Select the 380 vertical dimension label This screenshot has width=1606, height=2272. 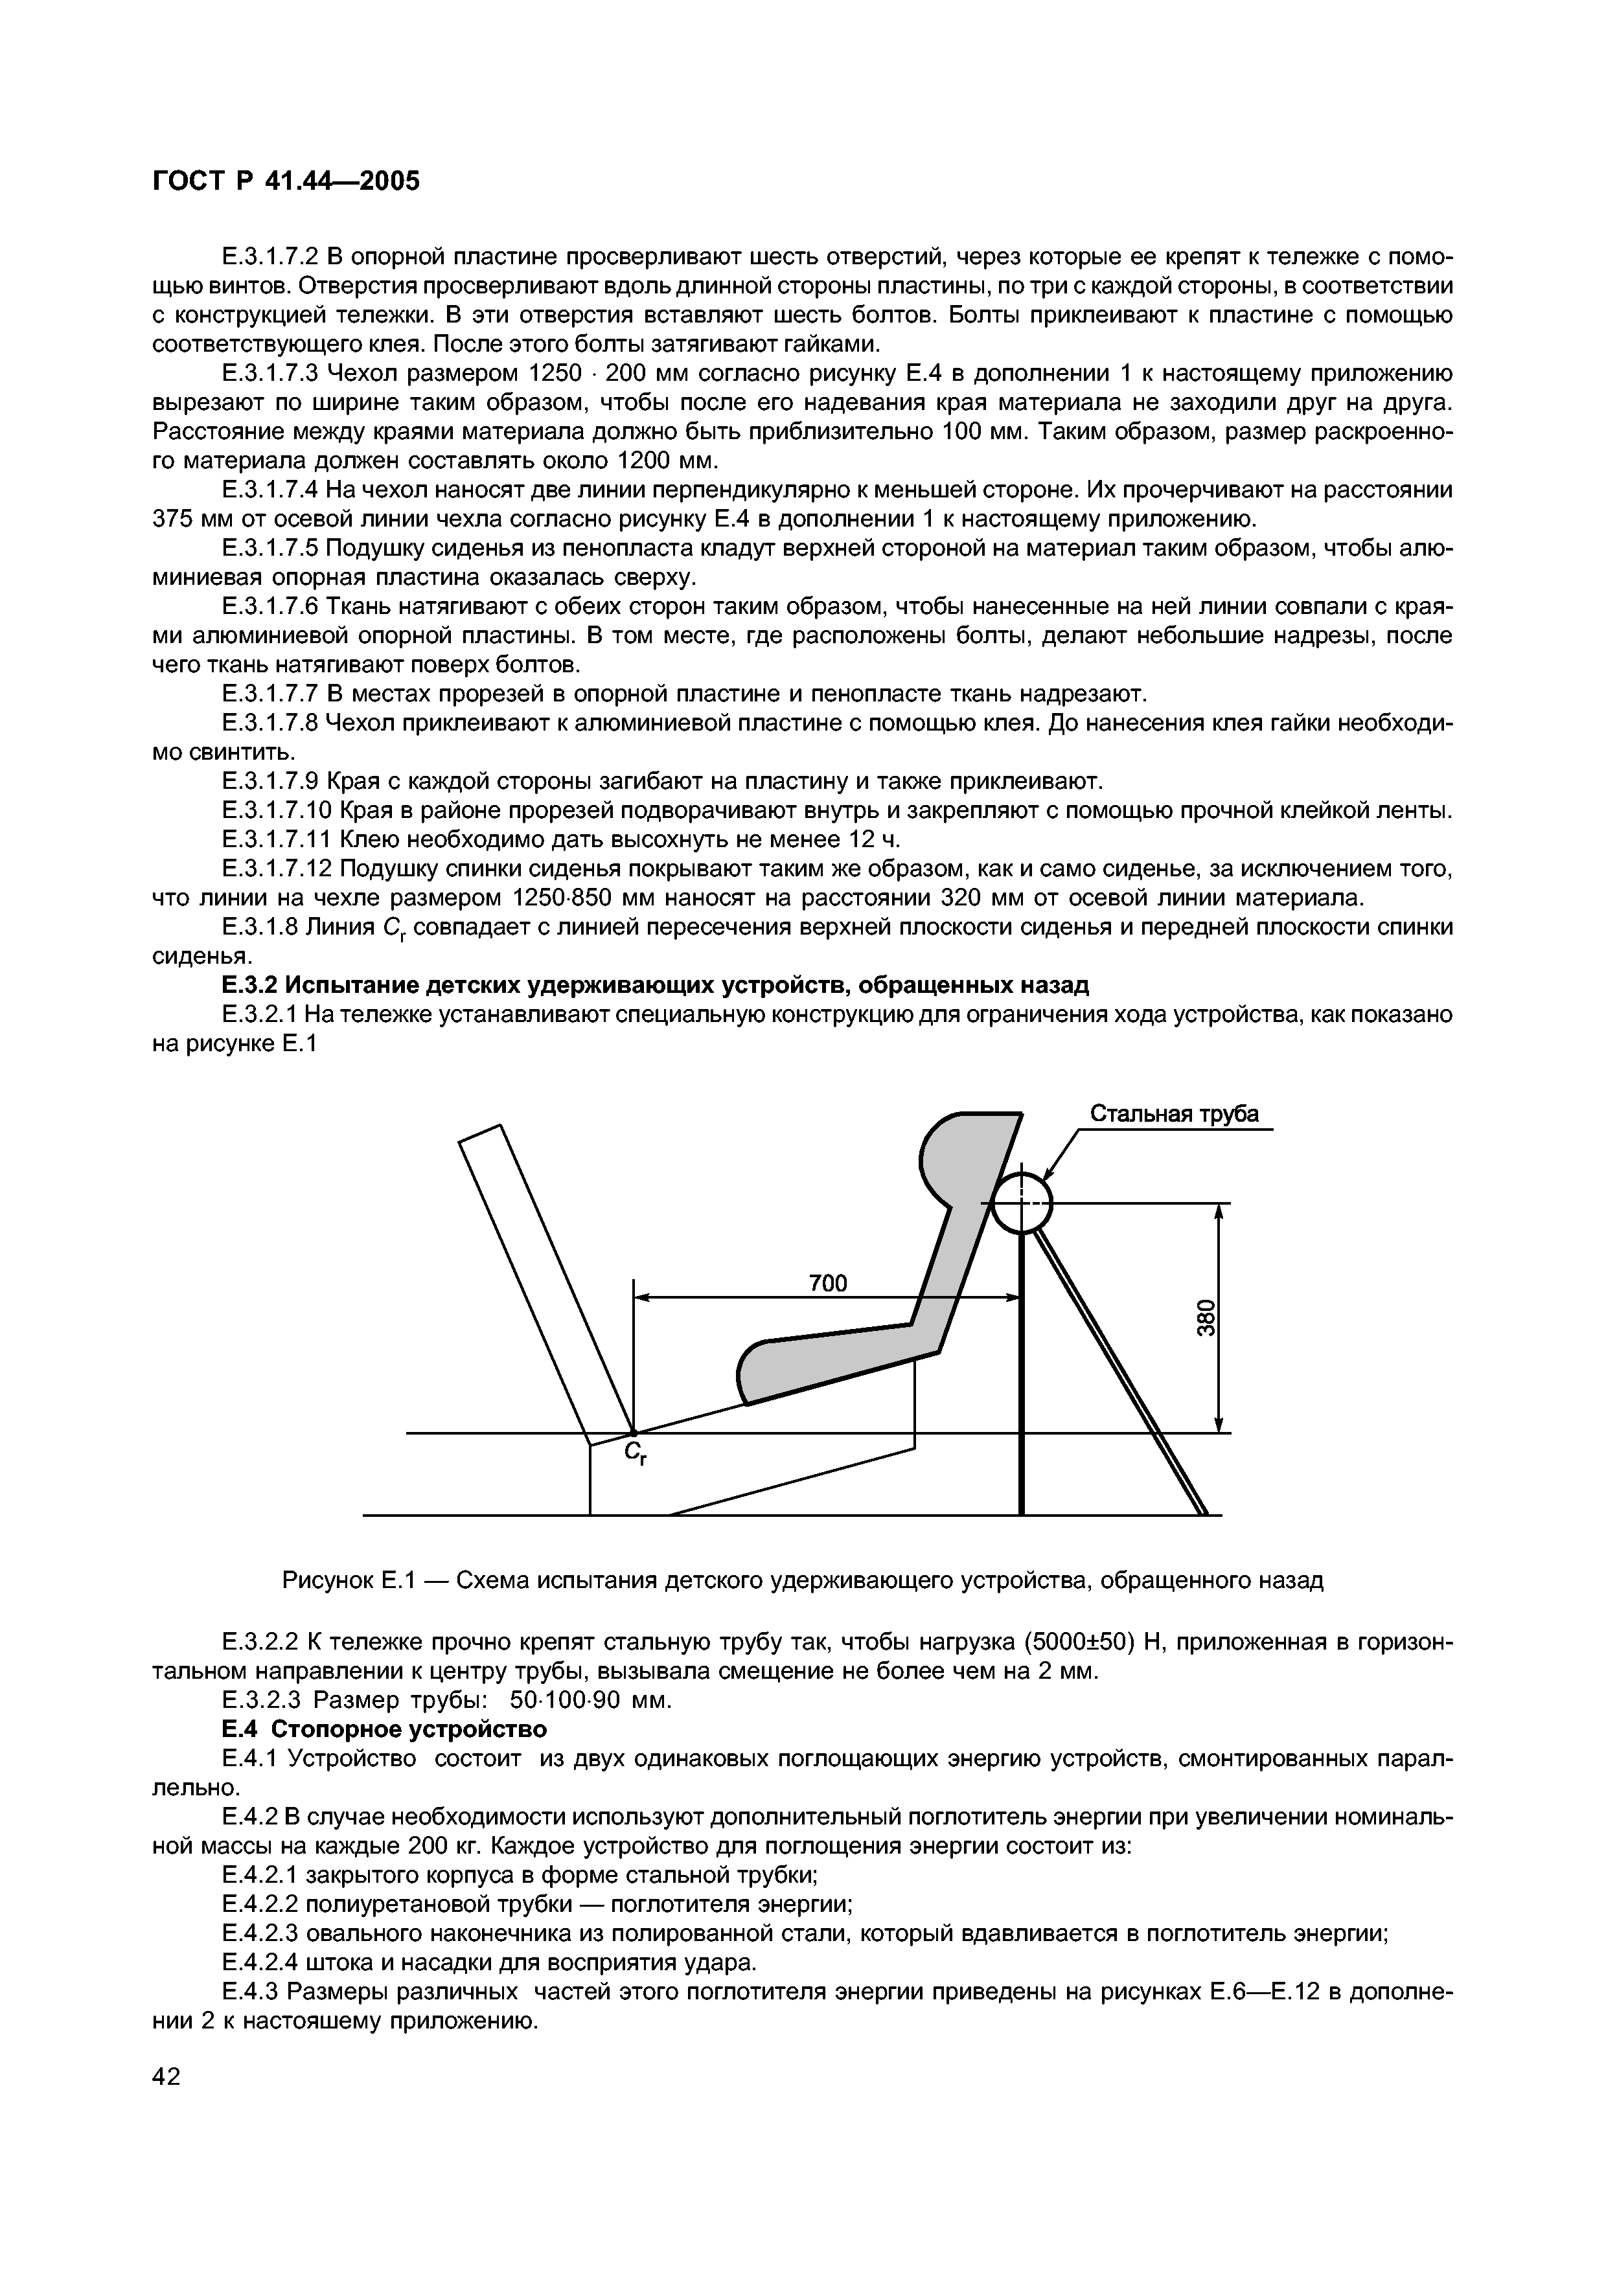point(1205,1317)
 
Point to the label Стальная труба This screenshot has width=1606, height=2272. point(1174,1114)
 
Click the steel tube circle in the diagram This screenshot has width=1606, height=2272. point(1022,1203)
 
